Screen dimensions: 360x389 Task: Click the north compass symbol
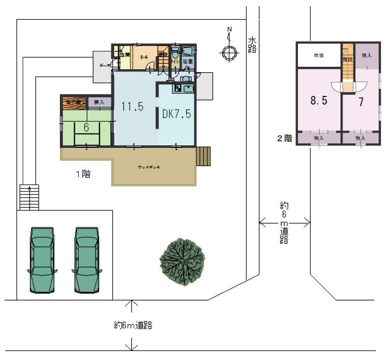(229, 52)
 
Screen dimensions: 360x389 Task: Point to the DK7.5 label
(177, 113)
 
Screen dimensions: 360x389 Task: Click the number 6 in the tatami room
(86, 127)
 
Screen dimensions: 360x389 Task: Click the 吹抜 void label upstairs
(318, 55)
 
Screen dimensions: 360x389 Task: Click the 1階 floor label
(83, 174)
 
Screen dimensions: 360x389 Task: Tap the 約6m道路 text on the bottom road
(132, 325)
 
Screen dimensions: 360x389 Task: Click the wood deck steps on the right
(203, 156)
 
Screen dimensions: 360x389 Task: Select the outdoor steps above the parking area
(28, 197)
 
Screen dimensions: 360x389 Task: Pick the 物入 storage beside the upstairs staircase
(367, 55)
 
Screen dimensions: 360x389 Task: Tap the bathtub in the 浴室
(188, 51)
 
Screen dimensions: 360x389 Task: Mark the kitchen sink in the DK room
(188, 89)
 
